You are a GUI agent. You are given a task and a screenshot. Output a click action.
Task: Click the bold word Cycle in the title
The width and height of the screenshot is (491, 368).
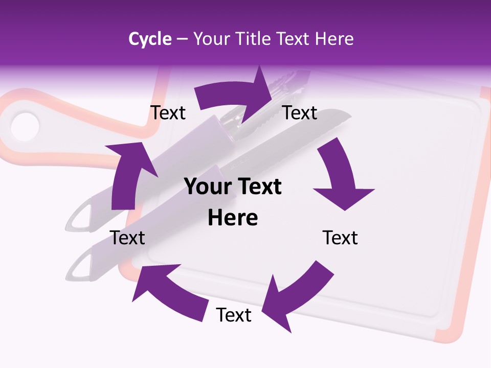point(150,39)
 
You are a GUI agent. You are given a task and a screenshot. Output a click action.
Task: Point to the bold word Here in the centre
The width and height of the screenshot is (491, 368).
point(233,218)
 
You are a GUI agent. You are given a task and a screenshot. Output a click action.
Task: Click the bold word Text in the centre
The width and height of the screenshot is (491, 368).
point(260,187)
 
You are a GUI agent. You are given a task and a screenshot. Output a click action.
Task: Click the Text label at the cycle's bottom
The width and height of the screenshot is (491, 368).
point(234,315)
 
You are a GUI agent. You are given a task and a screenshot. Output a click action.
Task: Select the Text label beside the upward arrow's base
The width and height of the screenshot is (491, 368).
point(127,238)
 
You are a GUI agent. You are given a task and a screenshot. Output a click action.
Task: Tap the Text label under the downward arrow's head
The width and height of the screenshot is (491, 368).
point(340,238)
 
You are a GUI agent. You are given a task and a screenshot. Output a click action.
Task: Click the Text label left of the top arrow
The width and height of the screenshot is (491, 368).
point(168,113)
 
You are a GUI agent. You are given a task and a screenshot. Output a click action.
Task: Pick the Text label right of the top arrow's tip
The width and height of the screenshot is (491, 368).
point(300,113)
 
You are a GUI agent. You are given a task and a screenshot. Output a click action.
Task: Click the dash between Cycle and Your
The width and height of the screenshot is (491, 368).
point(182,39)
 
